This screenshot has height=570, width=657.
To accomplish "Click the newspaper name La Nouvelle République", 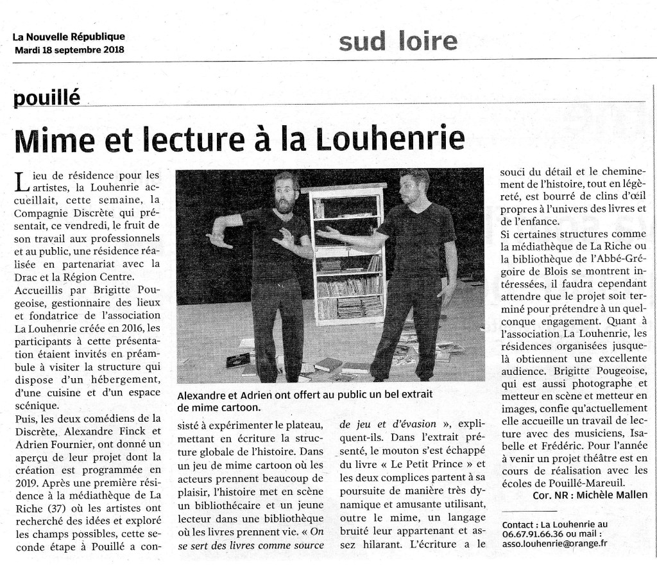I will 69,37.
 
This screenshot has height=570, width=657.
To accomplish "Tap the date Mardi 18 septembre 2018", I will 69,49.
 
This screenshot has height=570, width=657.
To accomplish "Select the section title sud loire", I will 398,41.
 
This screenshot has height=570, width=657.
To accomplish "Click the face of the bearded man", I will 285,193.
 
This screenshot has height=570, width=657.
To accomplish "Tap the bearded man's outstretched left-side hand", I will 219,239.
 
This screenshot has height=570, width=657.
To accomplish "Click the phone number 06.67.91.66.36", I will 534,534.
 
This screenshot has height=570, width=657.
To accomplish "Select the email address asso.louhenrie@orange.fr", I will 555,544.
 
